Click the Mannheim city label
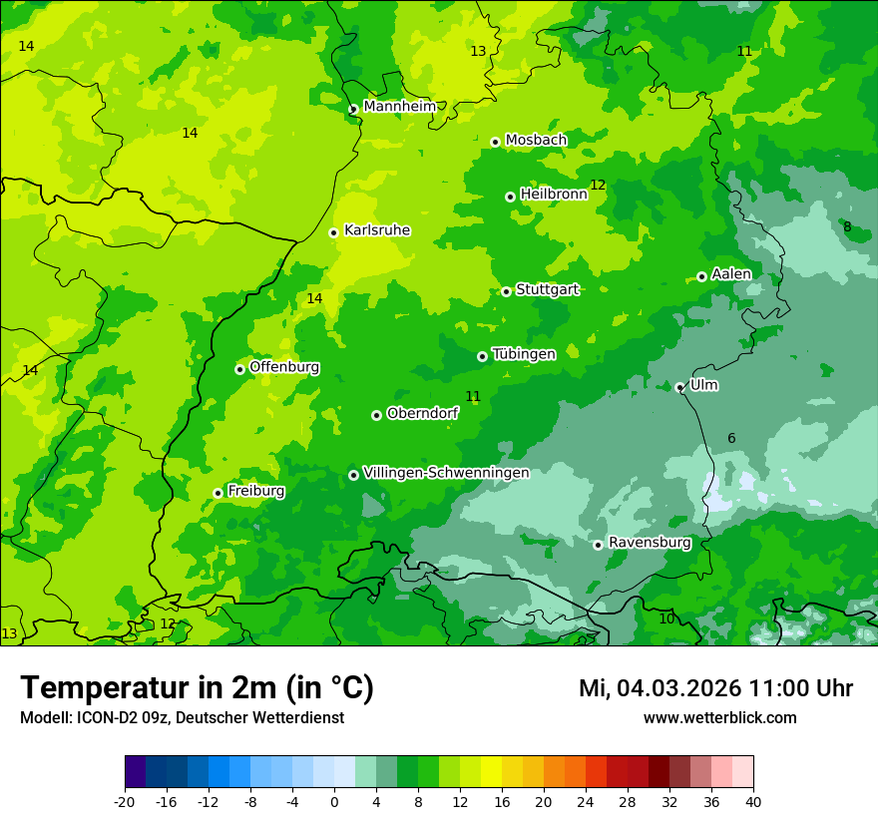[x=399, y=107]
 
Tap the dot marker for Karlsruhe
[x=334, y=232]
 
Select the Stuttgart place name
[x=547, y=289]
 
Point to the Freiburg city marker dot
[x=218, y=493]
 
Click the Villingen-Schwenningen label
[x=446, y=473]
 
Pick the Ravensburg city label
[x=650, y=543]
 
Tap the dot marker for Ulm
[x=680, y=387]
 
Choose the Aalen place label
[x=731, y=274]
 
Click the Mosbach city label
[x=536, y=141]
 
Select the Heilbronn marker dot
[x=511, y=197]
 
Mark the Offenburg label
[x=284, y=367]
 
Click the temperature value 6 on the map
[x=731, y=439]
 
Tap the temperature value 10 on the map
[x=666, y=620]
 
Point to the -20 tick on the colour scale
[x=125, y=802]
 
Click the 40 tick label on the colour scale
[x=753, y=802]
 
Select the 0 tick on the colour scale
[x=334, y=802]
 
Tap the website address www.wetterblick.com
[x=719, y=718]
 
